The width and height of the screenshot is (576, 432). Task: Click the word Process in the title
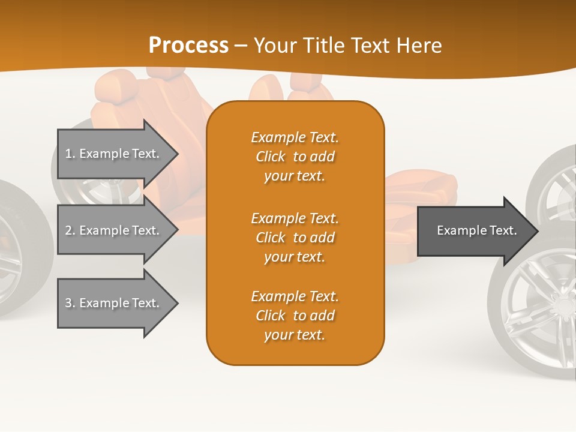point(188,45)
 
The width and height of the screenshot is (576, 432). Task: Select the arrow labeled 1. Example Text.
point(114,154)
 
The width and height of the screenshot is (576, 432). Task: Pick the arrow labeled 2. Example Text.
point(114,230)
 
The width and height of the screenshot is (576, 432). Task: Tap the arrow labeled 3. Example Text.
point(114,303)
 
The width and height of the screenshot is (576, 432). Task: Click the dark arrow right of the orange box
point(474,230)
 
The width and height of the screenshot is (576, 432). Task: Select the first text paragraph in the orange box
point(295,157)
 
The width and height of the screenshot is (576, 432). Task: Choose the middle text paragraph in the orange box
point(295,238)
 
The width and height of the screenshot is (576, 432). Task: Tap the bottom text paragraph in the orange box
point(295,316)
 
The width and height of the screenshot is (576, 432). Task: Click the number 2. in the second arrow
point(70,230)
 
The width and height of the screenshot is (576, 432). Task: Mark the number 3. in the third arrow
point(70,303)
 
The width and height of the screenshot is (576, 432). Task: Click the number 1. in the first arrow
point(70,154)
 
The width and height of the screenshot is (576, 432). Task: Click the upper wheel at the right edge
point(555,180)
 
